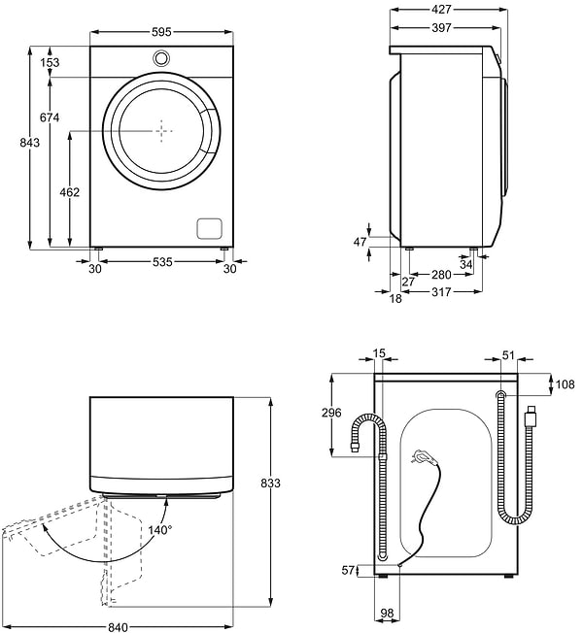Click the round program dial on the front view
(161, 58)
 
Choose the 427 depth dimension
(447, 10)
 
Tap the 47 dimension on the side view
(360, 241)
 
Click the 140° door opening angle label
(159, 530)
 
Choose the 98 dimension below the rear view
(387, 613)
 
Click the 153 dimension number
(49, 62)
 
